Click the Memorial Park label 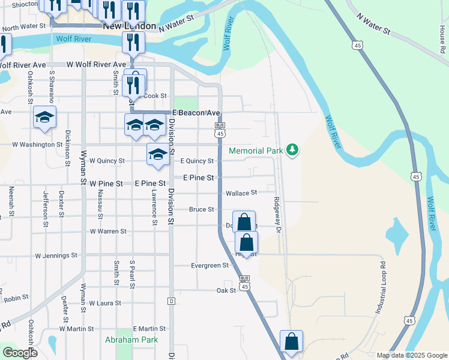pyautogui.click(x=255, y=151)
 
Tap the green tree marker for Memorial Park pyautogui.click(x=292, y=149)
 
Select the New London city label pyautogui.click(x=129, y=27)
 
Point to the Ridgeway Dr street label pyautogui.click(x=277, y=214)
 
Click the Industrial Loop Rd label pyautogui.click(x=381, y=289)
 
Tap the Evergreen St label pyautogui.click(x=209, y=265)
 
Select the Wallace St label pyautogui.click(x=241, y=193)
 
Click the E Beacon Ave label pyautogui.click(x=196, y=113)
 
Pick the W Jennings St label pyautogui.click(x=56, y=255)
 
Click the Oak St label pyautogui.click(x=226, y=290)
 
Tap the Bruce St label pyautogui.click(x=202, y=209)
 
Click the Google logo pyautogui.click(x=19, y=353)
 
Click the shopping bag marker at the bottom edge pyautogui.click(x=291, y=342)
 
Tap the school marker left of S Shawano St pyautogui.click(x=44, y=118)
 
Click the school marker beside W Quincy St pyautogui.click(x=158, y=154)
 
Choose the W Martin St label pyautogui.click(x=76, y=329)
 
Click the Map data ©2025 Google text pyautogui.click(x=412, y=355)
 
